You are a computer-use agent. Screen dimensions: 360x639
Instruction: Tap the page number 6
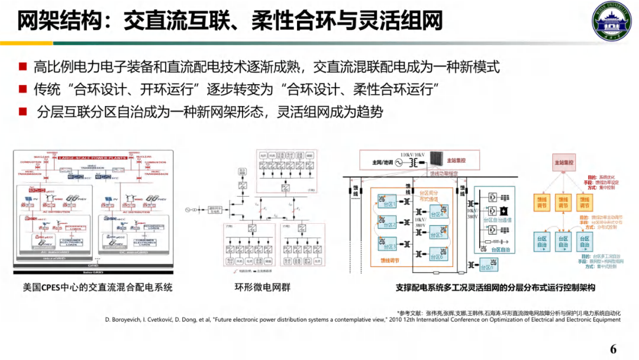click(613, 349)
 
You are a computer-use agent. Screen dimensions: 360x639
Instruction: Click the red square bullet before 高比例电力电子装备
click(23, 67)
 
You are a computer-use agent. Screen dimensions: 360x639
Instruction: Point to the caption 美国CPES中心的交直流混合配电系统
click(98, 288)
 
